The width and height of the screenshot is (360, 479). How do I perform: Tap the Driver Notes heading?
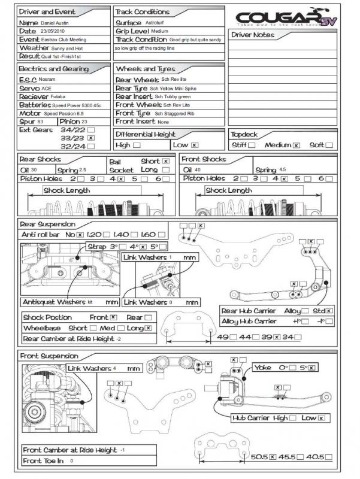tap(253, 35)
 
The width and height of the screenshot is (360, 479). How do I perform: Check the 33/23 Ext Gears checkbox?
tap(91, 137)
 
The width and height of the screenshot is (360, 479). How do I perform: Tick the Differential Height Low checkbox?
tap(195, 145)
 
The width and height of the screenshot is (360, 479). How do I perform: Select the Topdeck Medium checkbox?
tap(296, 145)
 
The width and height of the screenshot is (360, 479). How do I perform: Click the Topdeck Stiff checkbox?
tap(252, 145)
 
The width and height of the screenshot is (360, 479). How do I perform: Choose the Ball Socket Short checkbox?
tap(166, 161)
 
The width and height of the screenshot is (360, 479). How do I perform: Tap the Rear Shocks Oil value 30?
tap(35, 170)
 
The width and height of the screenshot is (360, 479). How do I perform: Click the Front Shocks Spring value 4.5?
tap(284, 170)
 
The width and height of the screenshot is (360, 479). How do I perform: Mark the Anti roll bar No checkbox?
tap(80, 234)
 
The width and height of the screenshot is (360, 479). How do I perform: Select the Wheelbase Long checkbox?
tap(148, 328)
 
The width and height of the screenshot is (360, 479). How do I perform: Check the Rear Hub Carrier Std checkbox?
tap(329, 311)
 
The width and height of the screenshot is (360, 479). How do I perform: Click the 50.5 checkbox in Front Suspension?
tap(273, 457)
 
